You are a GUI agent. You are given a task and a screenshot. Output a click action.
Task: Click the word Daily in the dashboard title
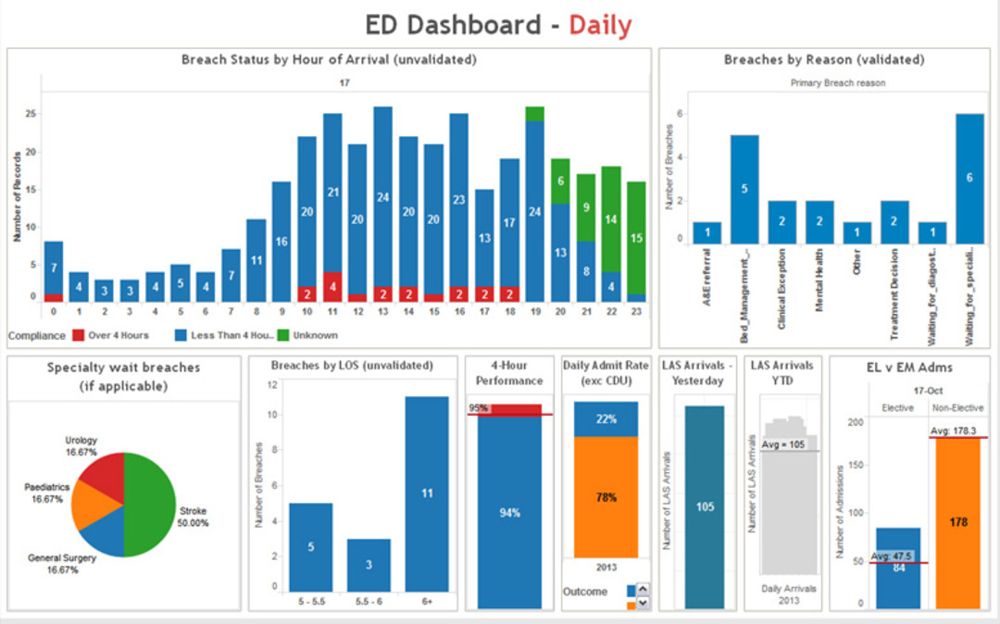[600, 25]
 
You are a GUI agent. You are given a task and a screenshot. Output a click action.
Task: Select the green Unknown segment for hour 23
[635, 238]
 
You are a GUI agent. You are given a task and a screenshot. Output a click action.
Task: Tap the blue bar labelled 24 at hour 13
[382, 196]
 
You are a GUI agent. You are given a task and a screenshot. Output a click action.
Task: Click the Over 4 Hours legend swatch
[80, 335]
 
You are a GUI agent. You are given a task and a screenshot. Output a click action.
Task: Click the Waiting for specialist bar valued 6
[969, 178]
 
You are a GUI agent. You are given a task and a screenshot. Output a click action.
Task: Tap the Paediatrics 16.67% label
[44, 493]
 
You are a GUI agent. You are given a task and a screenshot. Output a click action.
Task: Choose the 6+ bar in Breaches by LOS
[427, 493]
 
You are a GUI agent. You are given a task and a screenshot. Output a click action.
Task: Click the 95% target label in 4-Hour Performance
[478, 407]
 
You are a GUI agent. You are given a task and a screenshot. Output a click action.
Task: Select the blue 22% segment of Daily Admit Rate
[606, 418]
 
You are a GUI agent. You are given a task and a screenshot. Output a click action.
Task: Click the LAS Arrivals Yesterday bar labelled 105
[705, 506]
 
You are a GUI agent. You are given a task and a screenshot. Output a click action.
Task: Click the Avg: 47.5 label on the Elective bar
[893, 556]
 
